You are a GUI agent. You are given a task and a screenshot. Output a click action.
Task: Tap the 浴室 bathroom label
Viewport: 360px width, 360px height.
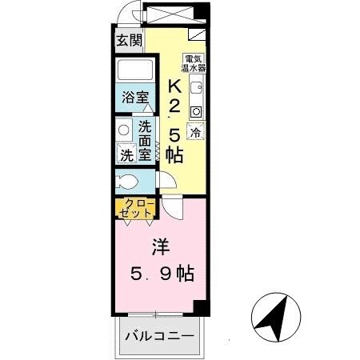point(135,98)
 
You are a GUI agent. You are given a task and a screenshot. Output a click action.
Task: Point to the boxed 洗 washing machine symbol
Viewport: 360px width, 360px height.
point(126,154)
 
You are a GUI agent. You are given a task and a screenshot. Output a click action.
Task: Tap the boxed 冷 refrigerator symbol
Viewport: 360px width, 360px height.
point(195,129)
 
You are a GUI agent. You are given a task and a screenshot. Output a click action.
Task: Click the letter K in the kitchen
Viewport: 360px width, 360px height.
point(174,86)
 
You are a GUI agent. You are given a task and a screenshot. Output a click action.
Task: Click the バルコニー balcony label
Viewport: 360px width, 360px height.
point(158,336)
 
